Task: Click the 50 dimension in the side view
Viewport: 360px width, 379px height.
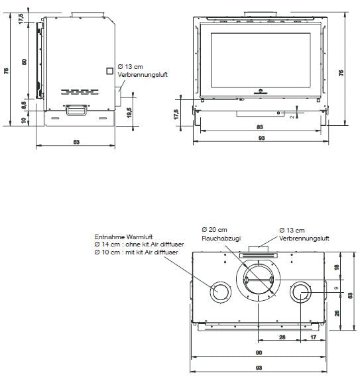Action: tap(25, 61)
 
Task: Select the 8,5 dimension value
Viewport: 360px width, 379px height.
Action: tap(25, 103)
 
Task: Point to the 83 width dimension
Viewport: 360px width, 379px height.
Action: tap(261, 127)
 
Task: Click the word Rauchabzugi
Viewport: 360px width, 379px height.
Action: tap(215, 237)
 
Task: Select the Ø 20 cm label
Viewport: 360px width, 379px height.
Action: tap(213, 229)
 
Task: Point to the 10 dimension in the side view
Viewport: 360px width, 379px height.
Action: tap(25, 120)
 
